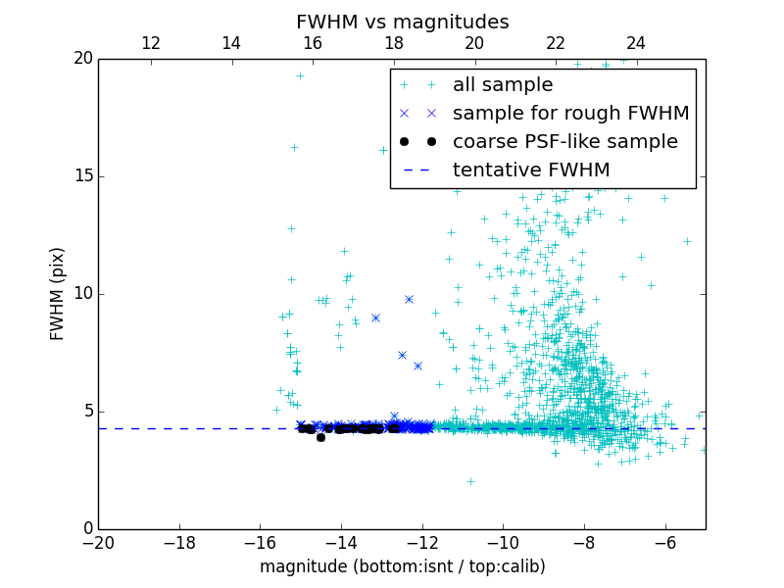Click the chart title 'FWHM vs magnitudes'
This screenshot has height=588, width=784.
pyautogui.click(x=402, y=22)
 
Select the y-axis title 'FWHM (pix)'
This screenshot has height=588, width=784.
pyautogui.click(x=58, y=293)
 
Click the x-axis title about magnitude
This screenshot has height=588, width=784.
pyautogui.click(x=402, y=566)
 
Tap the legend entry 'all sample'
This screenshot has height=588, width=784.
pyautogui.click(x=503, y=85)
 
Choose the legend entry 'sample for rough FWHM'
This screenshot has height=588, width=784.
pyautogui.click(x=570, y=113)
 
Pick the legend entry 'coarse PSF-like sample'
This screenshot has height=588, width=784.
pyautogui.click(x=564, y=141)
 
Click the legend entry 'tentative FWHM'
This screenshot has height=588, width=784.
pyautogui.click(x=530, y=170)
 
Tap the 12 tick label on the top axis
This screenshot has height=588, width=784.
pyautogui.click(x=151, y=43)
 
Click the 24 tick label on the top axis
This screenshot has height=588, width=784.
pyautogui.click(x=636, y=43)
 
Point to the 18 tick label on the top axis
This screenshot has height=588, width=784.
pyautogui.click(x=394, y=43)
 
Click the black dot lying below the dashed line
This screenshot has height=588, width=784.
pyautogui.click(x=320, y=437)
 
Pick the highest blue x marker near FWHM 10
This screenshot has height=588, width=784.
pyautogui.click(x=409, y=299)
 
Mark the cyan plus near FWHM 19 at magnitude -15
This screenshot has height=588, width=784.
pyautogui.click(x=300, y=75)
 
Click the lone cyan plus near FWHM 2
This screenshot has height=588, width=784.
pyautogui.click(x=470, y=481)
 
